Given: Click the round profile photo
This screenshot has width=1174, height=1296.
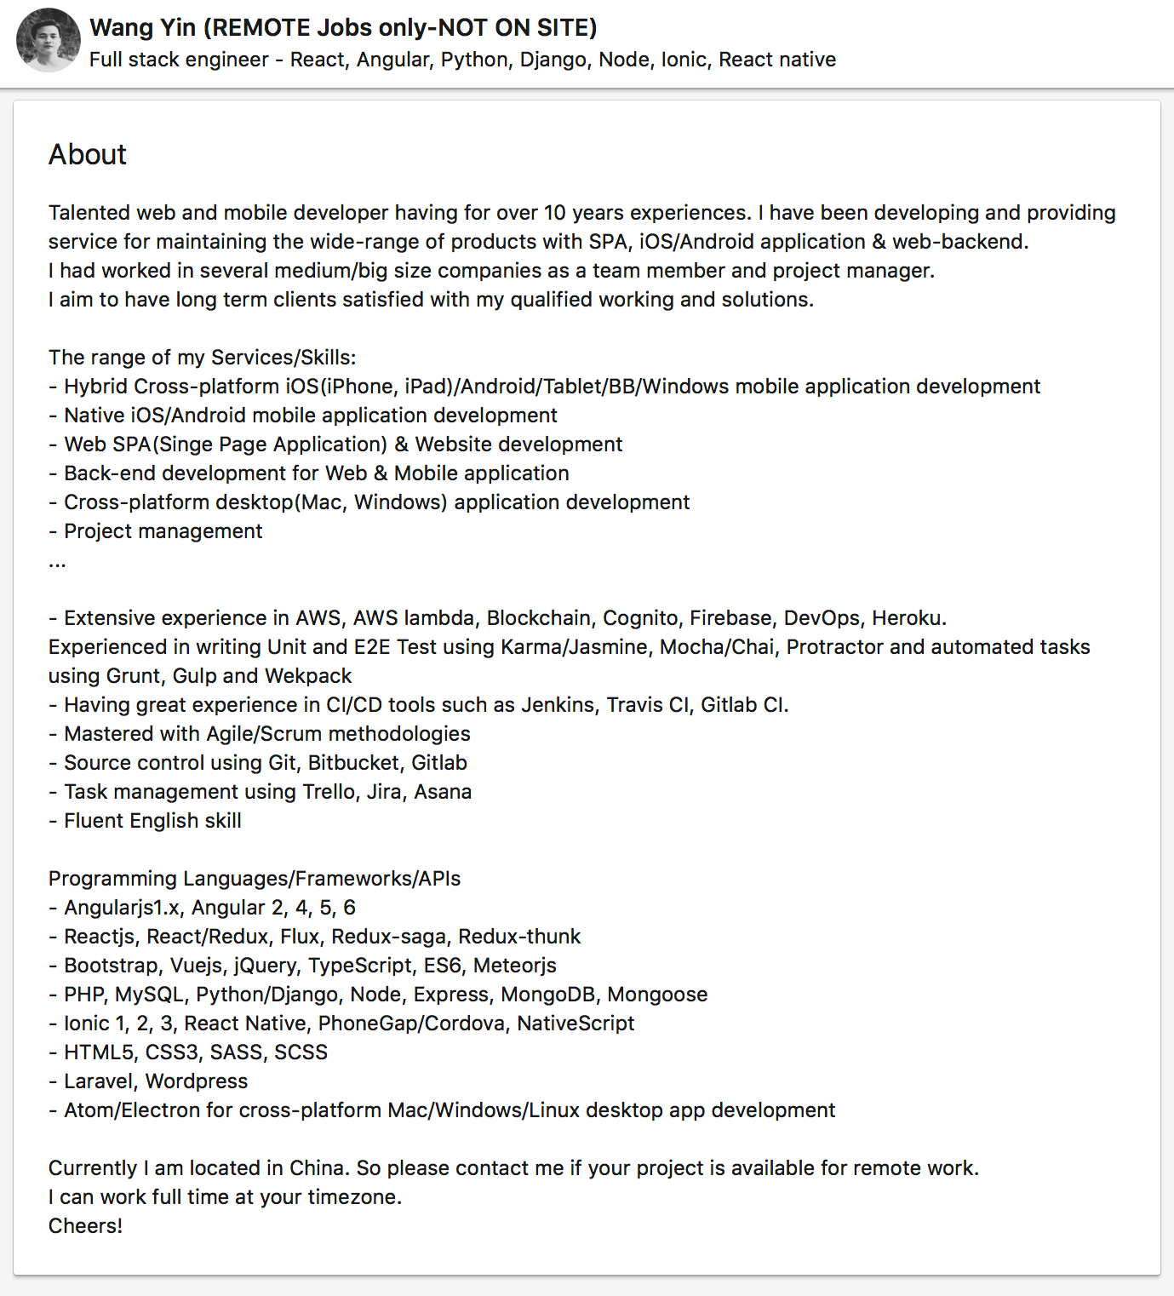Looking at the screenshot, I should pyautogui.click(x=49, y=41).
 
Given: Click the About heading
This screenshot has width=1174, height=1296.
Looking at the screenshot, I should pyautogui.click(x=88, y=154).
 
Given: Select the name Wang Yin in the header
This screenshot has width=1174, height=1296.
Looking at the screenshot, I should pyautogui.click(x=142, y=28).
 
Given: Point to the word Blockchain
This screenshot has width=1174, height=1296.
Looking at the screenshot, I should pyautogui.click(x=539, y=618).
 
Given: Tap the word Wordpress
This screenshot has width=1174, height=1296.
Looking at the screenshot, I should pyautogui.click(x=197, y=1081).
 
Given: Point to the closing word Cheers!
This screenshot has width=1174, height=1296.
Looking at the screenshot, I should pyautogui.click(x=85, y=1226).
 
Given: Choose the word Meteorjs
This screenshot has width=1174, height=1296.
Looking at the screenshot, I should pyautogui.click(x=514, y=966).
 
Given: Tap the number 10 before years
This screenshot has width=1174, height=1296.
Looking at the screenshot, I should pyautogui.click(x=555, y=213).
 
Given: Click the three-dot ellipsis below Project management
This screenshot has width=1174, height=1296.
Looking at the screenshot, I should pyautogui.click(x=57, y=564).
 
